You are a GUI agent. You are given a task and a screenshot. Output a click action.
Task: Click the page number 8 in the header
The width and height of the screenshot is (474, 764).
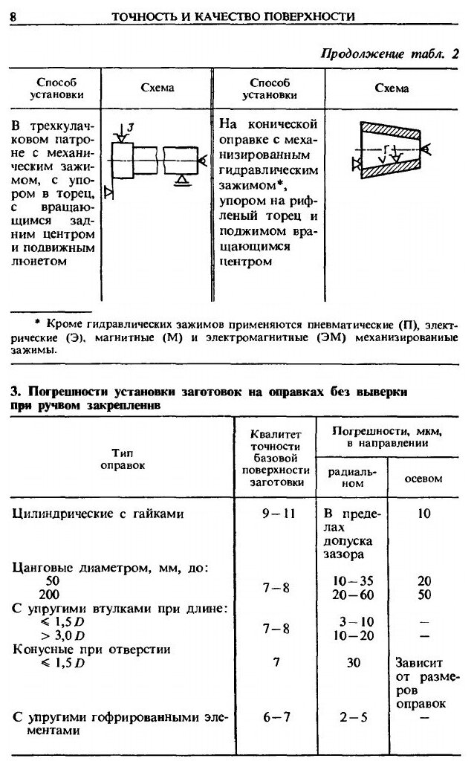pos(13,16)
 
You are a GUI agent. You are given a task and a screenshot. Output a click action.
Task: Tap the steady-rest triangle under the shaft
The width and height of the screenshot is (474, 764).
pos(181,178)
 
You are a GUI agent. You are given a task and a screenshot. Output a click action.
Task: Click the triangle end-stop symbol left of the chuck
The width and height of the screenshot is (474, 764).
pos(108,193)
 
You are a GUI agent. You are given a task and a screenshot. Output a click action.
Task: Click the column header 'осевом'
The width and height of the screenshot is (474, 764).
pos(423,479)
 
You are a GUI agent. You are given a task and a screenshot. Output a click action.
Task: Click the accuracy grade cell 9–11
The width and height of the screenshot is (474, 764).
pos(276,513)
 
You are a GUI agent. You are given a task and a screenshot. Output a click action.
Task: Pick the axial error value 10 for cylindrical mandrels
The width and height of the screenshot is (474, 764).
pos(423,513)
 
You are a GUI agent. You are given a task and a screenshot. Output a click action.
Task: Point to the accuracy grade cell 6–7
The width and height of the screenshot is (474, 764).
pos(276,718)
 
